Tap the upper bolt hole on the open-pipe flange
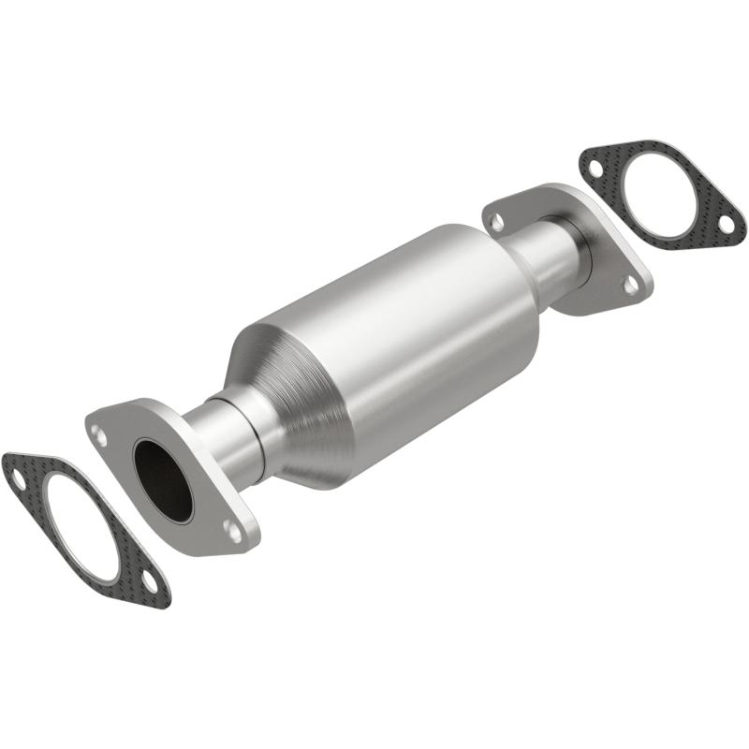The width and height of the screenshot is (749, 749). pos(98,432)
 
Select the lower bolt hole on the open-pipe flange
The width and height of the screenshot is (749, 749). pos(231,530)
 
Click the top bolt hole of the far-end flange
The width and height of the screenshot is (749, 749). pos(497,222)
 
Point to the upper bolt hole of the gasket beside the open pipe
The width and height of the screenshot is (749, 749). pos(18,477)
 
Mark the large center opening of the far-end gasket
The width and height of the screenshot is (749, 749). pos(661,191)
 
